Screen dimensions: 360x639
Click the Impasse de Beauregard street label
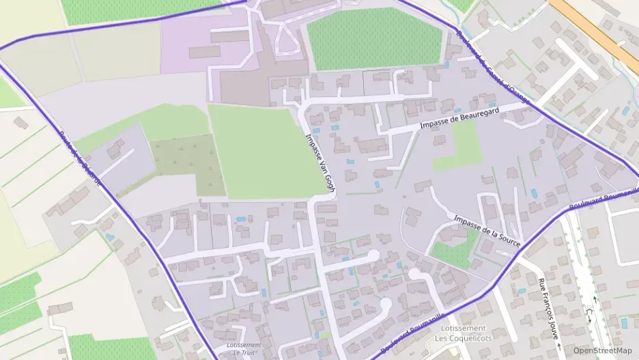460,117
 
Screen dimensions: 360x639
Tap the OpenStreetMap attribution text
602,350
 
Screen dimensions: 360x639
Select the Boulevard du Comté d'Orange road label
493,68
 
